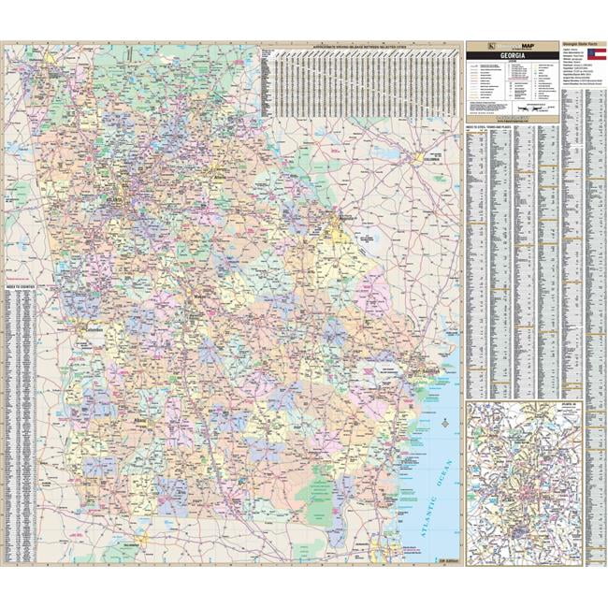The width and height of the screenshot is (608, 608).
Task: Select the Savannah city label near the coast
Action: tap(428, 371)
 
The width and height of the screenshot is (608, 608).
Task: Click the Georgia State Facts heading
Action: tap(580, 43)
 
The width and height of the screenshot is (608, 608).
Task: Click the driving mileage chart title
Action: tap(359, 43)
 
